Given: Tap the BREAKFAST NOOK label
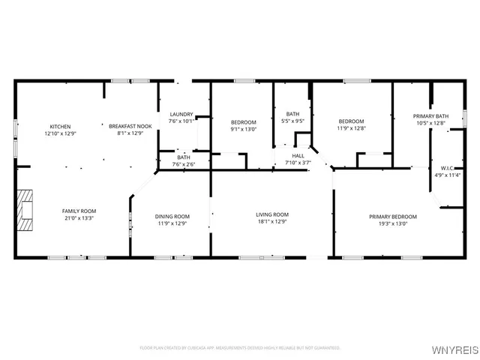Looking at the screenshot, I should click(x=130, y=126).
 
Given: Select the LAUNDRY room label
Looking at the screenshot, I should click(x=181, y=114).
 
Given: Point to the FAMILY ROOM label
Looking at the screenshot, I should click(x=79, y=211).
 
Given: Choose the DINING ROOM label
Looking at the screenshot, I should click(x=172, y=216).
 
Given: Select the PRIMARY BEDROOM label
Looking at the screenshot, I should click(x=393, y=217).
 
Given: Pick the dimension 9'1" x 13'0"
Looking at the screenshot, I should click(x=243, y=128).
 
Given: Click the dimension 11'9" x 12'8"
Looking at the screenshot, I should click(x=351, y=128).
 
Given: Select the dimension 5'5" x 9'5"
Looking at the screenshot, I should click(x=292, y=121).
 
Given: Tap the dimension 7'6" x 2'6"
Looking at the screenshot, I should click(x=184, y=163).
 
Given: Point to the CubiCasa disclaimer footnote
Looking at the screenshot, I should click(x=240, y=348).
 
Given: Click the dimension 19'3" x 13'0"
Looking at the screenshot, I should click(x=393, y=223).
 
